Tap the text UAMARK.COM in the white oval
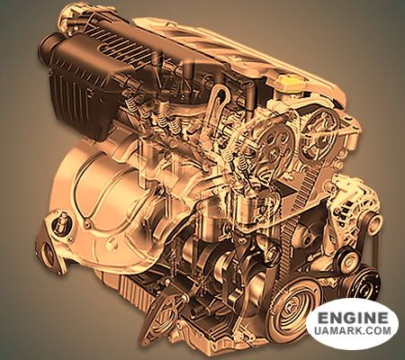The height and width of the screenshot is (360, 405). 353,330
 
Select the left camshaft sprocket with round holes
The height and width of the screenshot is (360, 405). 276,141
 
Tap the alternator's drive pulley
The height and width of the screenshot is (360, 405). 373,222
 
